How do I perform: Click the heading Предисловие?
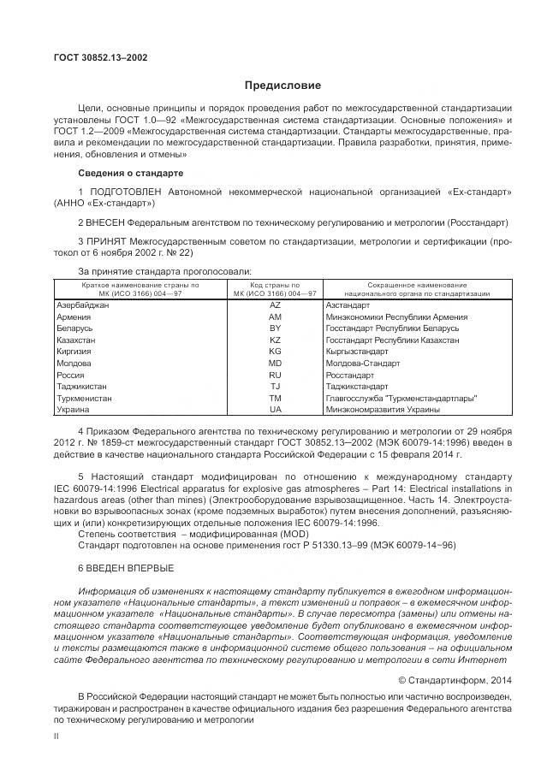282,86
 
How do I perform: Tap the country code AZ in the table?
275,305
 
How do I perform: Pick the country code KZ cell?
275,340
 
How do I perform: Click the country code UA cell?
275,410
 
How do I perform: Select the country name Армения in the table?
74,317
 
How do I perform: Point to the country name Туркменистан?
84,398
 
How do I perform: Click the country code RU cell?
275,375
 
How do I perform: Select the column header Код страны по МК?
275,288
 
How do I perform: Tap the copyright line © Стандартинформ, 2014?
455,678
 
